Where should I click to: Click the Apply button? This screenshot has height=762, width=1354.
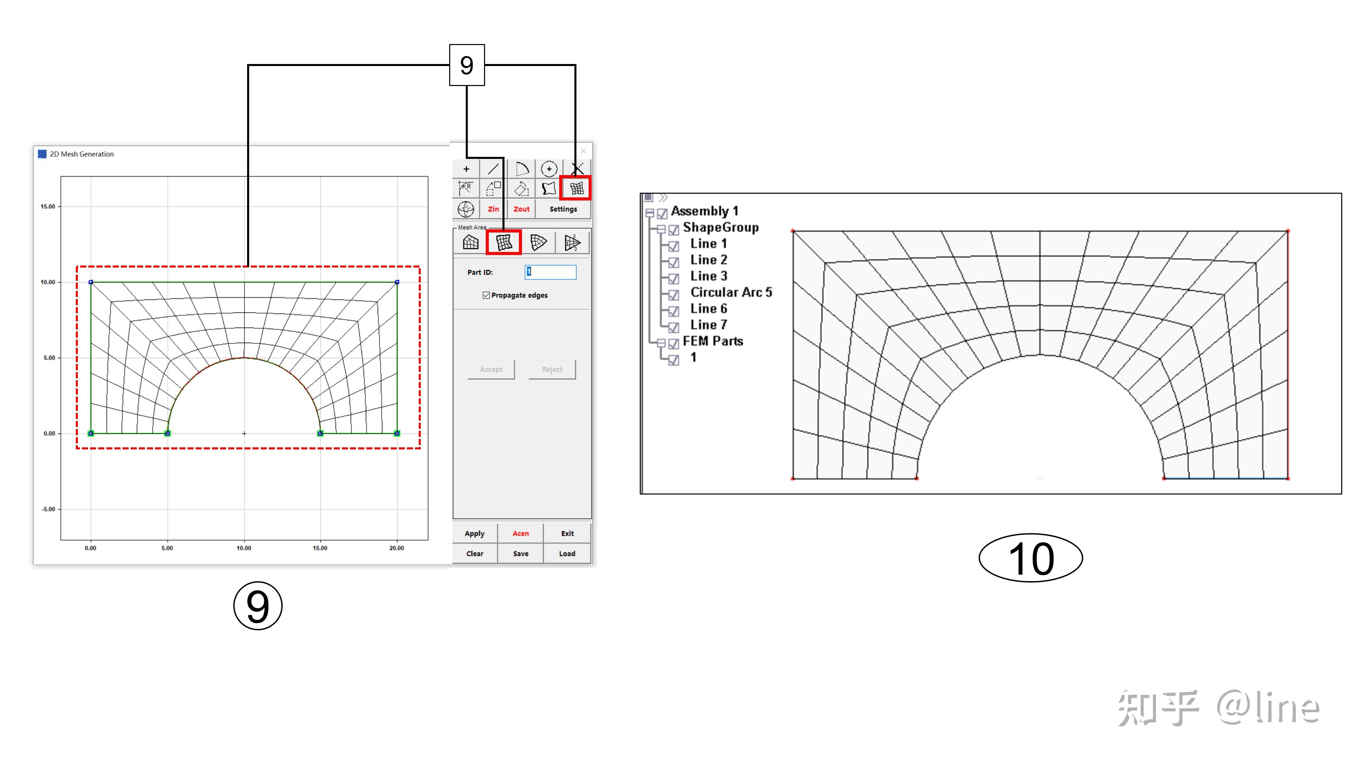475,533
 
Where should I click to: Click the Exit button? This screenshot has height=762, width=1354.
567,533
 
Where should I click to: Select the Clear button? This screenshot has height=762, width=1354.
475,554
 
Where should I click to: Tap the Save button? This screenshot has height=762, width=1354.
520,554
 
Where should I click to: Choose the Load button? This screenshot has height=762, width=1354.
567,554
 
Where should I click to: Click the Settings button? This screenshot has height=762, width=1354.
563,209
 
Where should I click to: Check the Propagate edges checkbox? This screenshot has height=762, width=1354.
486,295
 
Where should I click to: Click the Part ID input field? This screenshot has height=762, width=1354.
550,272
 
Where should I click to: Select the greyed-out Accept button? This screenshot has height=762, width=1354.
491,369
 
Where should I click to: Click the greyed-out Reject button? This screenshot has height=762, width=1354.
552,369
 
